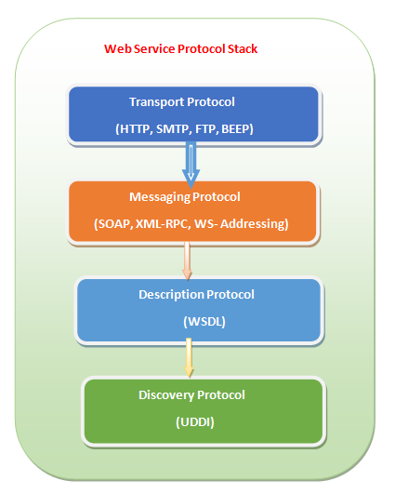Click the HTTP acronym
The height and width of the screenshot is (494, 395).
coord(135,129)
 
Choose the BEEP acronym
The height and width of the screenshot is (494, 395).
coord(237,129)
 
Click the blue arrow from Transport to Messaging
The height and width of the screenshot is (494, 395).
coord(191,165)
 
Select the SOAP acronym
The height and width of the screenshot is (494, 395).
coord(113,223)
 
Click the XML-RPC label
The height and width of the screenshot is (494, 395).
coord(163,223)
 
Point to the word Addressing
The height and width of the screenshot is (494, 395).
coord(255,223)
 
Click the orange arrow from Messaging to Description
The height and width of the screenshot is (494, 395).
coord(187,261)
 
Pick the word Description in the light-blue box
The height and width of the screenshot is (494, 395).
coord(172,295)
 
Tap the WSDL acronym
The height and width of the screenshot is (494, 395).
coord(204,322)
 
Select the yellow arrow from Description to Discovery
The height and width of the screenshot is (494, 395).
coord(189,357)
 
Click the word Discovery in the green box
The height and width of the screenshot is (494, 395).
coord(166,395)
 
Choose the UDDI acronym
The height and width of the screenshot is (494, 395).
coord(195,422)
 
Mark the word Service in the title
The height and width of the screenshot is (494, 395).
coord(154,48)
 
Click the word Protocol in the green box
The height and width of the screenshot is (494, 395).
coord(221,395)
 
